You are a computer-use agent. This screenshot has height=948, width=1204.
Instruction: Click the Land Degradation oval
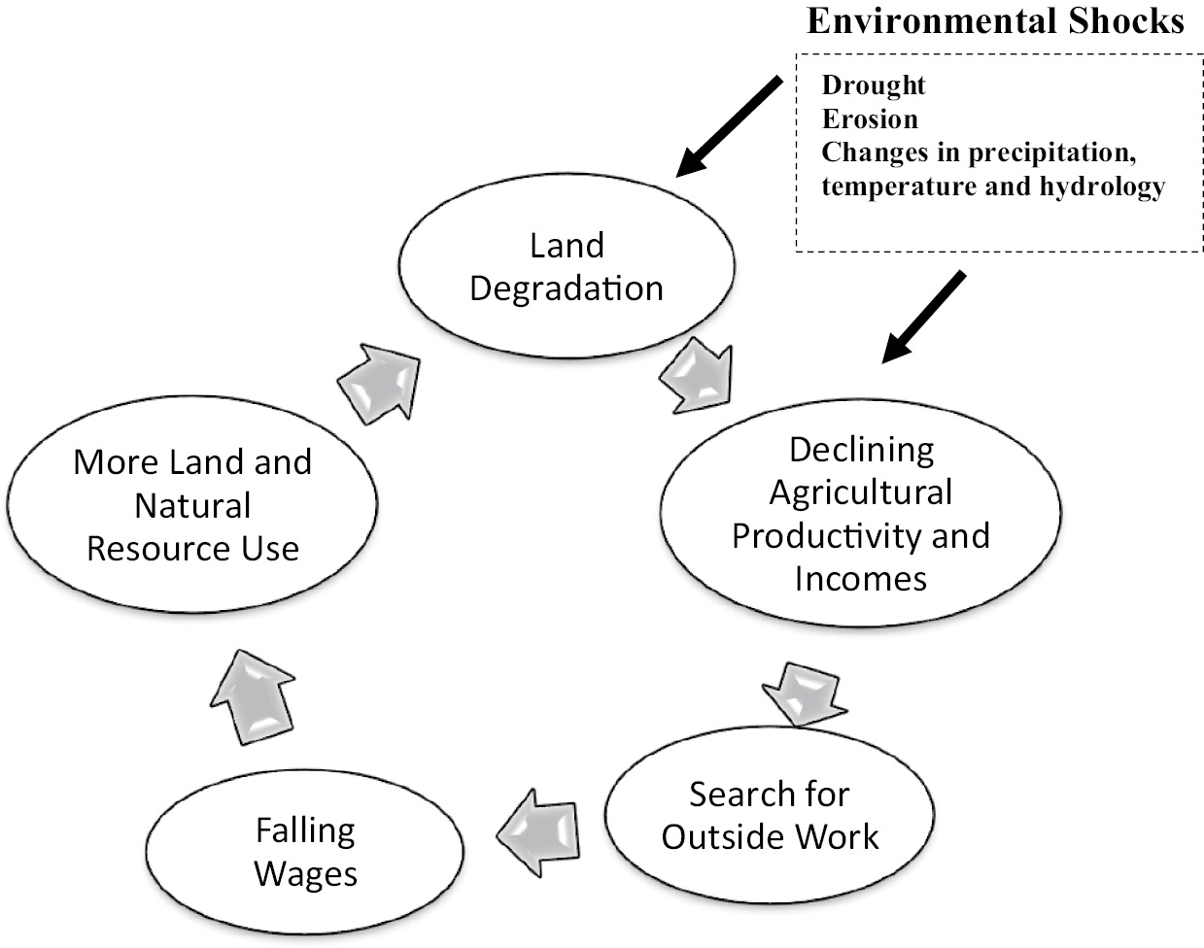(567, 266)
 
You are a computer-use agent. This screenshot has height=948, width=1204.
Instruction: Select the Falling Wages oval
(305, 852)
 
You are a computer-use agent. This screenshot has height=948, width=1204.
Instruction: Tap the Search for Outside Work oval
(770, 815)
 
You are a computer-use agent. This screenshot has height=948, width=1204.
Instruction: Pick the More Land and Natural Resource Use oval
(192, 505)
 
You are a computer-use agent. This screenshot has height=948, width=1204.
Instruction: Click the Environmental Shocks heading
(995, 21)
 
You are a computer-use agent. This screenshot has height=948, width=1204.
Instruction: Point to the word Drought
(874, 85)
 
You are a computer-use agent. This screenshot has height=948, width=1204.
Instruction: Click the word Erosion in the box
(870, 119)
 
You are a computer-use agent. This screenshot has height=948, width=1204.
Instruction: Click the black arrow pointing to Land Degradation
(729, 126)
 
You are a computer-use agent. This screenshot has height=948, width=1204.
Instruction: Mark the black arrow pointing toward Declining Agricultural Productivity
(924, 317)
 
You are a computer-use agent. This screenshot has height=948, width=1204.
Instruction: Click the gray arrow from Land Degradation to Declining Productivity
(696, 374)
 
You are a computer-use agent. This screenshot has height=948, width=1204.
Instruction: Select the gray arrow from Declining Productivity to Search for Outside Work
(800, 691)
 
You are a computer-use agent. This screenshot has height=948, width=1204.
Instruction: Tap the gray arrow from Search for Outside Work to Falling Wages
(539, 829)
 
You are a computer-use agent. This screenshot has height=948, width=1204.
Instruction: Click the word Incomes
(860, 579)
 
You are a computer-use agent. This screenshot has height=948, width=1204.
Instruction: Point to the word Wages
(305, 873)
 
